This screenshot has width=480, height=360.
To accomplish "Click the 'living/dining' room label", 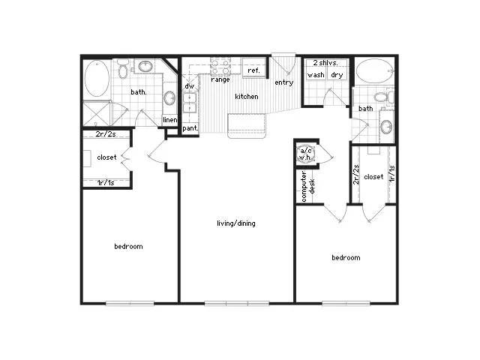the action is point(236,223).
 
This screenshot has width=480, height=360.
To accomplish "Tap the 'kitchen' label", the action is point(247,97).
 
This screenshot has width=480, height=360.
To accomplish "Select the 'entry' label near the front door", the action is point(283,82).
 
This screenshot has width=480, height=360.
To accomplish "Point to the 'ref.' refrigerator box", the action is point(253,67).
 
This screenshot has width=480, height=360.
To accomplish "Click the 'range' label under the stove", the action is point(220,79).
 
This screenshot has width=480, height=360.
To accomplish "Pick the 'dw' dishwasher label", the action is point(190,86).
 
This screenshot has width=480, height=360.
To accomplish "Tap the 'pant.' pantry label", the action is point(190,128).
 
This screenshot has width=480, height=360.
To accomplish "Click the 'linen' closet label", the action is point(170,120).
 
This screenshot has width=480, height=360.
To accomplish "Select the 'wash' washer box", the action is point(316,75).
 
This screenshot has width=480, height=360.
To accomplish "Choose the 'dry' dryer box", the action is point(337,75).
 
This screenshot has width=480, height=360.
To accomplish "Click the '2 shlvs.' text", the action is point(325,63).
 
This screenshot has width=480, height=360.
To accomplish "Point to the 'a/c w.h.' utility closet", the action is point(305,154).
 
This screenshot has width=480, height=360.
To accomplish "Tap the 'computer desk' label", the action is point(307,187).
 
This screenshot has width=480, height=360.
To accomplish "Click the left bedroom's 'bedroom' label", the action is point(128,247).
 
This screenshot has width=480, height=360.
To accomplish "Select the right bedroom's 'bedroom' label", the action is point(346,258).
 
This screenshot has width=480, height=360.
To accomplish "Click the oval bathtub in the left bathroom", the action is point(97,78).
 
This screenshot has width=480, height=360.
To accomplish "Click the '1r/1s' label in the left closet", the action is point(106,183).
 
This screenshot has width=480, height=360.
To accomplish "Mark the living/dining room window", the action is point(237,303).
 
